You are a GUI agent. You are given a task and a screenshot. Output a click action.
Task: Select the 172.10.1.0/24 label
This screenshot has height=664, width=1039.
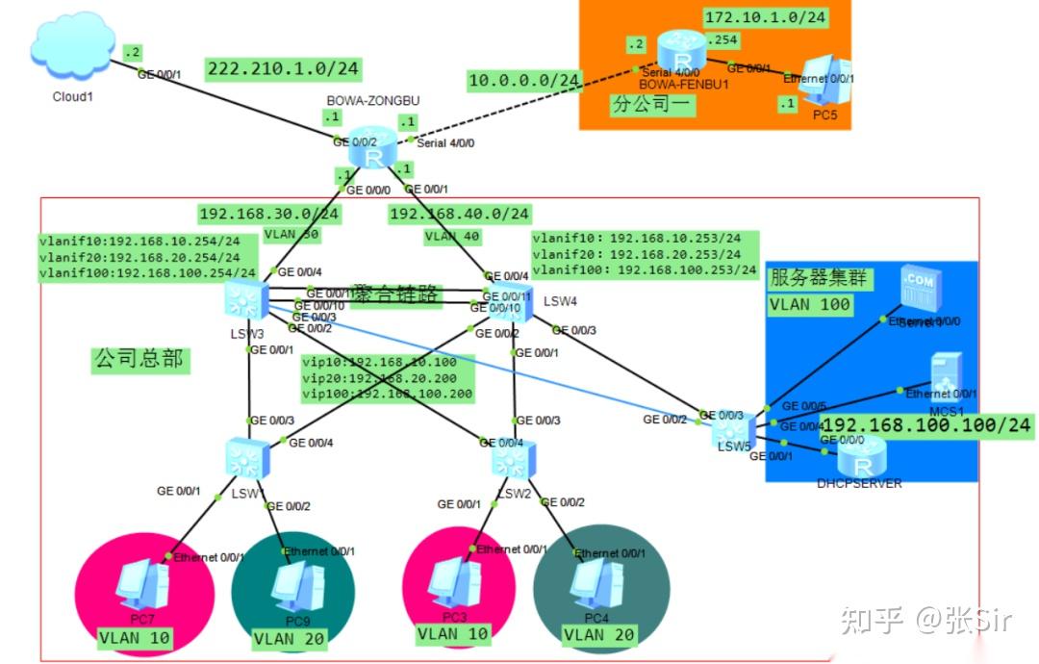click(x=765, y=17)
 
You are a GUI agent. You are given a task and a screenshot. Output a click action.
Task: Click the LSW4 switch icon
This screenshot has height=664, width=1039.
click(x=511, y=305)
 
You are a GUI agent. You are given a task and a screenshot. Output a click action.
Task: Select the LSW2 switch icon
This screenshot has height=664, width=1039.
click(x=511, y=459)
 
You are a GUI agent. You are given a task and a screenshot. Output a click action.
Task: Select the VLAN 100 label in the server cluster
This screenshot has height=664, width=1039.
click(x=810, y=304)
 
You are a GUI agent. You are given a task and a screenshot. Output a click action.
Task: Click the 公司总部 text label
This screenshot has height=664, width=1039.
click(x=140, y=361)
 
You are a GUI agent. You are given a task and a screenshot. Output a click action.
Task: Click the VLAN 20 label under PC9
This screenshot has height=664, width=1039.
click(x=289, y=637)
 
